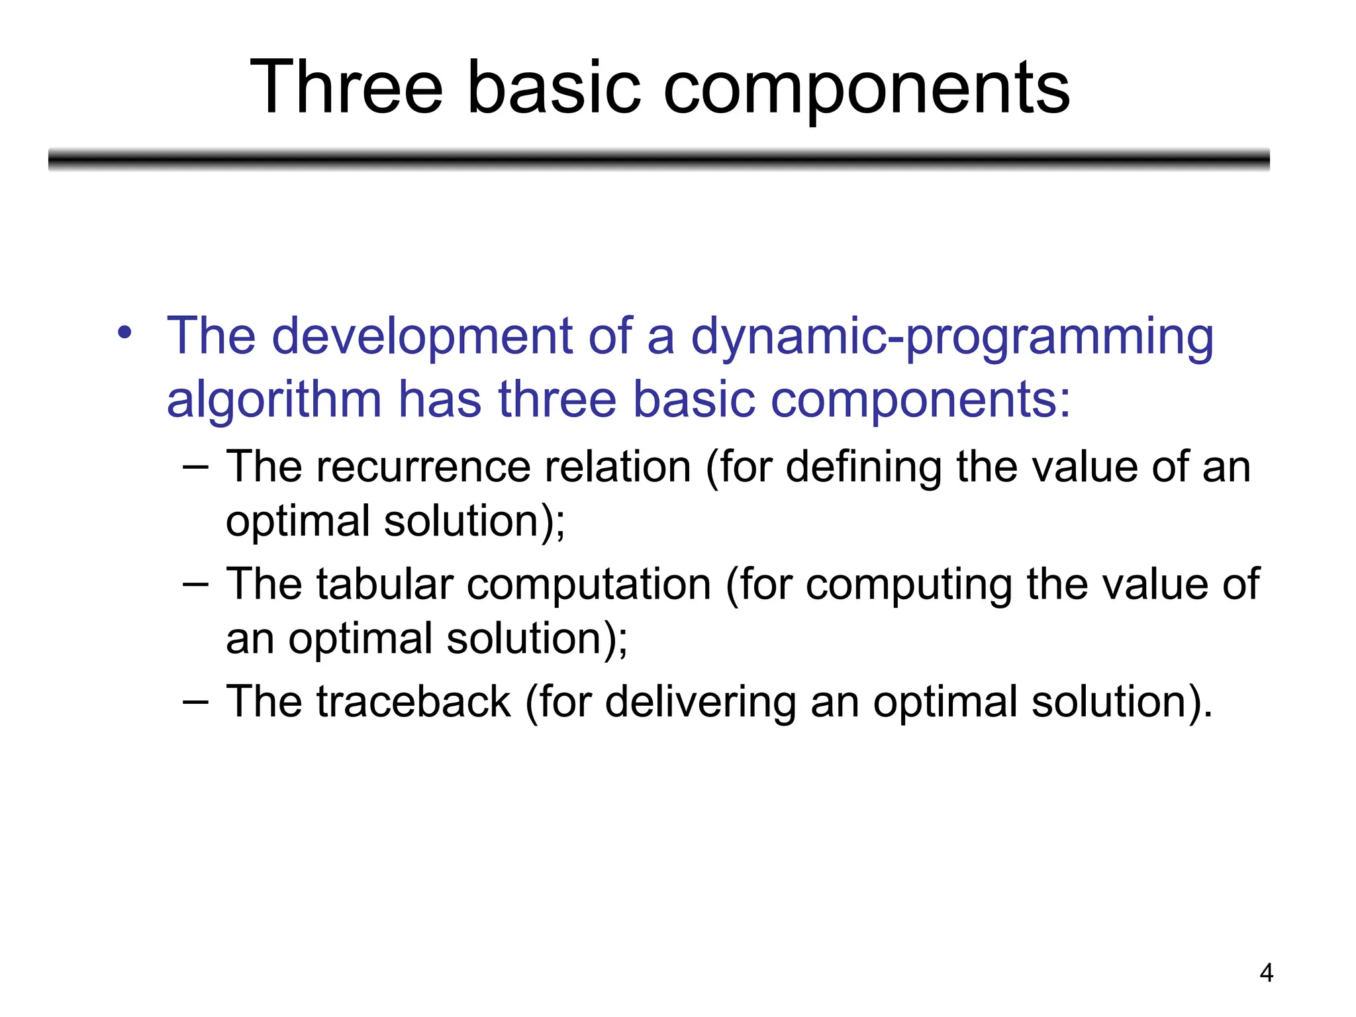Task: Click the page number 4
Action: [1266, 973]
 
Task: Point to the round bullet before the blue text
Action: [124, 332]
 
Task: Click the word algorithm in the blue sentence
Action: [273, 400]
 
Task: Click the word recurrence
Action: [423, 467]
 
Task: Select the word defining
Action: [863, 467]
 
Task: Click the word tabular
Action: [384, 584]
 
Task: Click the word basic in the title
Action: [554, 88]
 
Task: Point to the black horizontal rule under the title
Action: [659, 160]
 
